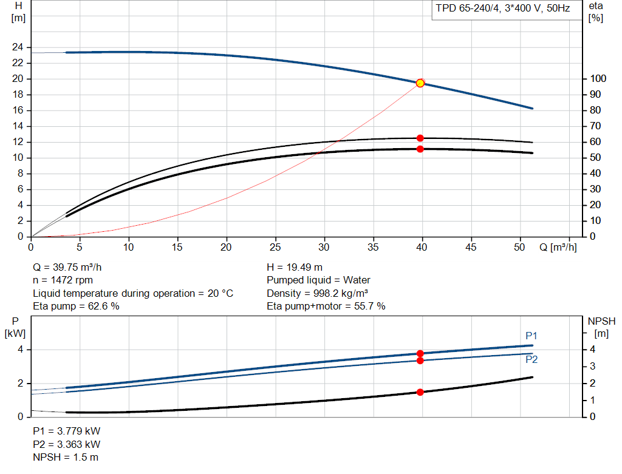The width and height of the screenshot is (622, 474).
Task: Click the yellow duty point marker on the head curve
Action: click(x=420, y=83)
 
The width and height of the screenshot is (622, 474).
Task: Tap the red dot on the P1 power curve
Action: click(x=420, y=353)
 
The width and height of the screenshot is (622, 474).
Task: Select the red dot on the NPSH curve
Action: click(x=420, y=392)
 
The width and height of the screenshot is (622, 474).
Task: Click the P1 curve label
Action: click(x=531, y=336)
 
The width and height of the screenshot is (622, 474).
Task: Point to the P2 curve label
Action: click(x=531, y=359)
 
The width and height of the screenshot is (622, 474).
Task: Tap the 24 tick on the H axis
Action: click(x=18, y=47)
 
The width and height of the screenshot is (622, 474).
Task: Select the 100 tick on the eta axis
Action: click(x=598, y=78)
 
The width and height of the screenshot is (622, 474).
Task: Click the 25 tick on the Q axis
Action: click(x=275, y=247)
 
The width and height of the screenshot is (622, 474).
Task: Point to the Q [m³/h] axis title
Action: click(x=558, y=247)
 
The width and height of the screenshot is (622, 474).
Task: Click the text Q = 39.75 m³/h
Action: click(x=67, y=268)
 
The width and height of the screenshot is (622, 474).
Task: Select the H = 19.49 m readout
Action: click(x=295, y=268)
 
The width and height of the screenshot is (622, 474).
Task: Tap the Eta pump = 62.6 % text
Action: click(x=76, y=306)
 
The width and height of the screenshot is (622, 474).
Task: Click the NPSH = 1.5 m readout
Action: click(x=66, y=458)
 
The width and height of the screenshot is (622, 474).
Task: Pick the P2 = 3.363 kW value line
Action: click(x=67, y=445)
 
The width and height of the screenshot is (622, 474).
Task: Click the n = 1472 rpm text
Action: click(x=63, y=280)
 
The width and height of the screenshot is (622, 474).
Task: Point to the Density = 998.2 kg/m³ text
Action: click(x=317, y=293)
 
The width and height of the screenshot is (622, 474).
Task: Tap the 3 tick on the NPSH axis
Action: click(x=592, y=366)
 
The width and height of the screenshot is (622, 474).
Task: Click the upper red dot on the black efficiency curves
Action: click(x=420, y=138)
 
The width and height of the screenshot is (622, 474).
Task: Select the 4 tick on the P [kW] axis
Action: click(x=20, y=350)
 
